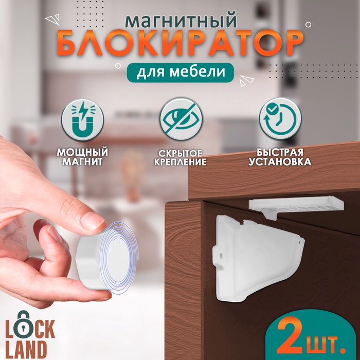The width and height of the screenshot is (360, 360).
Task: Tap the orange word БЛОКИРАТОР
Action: pos(179,45)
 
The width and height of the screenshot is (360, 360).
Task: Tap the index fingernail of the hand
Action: pos(93,221)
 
